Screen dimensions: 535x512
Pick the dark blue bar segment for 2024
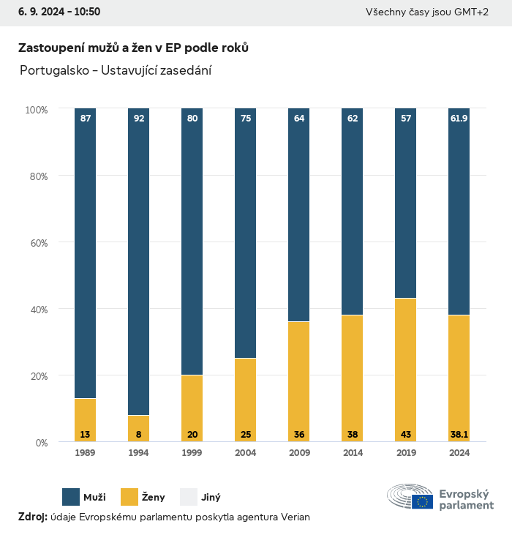(459, 212)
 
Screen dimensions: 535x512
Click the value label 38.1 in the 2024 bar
(459, 435)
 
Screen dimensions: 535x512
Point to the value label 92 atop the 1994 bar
(139, 118)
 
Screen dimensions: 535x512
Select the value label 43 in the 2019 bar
(406, 435)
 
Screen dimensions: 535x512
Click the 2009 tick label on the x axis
(299, 454)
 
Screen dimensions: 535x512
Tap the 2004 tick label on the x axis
(246, 454)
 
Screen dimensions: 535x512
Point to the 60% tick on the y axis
(37, 243)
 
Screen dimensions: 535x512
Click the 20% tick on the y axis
(37, 376)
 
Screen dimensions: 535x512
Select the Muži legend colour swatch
(71, 497)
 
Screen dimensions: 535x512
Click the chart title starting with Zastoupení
(133, 48)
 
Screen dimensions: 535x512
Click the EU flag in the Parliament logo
(422, 501)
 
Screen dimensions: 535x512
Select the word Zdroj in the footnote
(32, 517)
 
